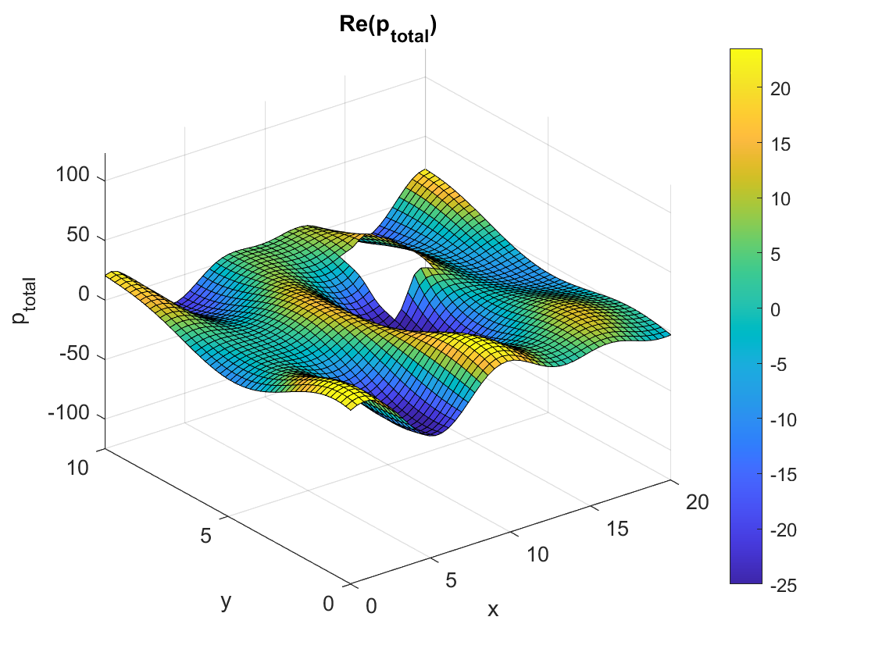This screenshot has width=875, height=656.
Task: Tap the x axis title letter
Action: coord(492,610)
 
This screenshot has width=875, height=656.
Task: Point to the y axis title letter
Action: coord(226,601)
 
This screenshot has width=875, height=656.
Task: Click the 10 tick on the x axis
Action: coord(537,554)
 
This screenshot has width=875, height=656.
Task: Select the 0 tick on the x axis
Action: coord(370,605)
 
